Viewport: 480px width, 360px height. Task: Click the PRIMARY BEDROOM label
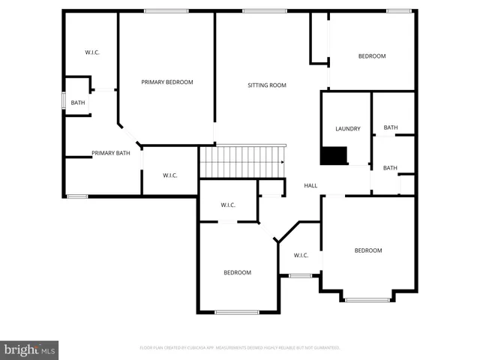168,82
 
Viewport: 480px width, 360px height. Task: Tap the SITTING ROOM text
267,85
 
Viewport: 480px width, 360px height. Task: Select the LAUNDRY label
348,128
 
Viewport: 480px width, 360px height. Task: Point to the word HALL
310,185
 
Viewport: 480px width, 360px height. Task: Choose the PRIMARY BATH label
111,153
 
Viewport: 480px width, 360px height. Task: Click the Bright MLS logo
29,349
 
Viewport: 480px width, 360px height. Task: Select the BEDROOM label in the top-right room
371,56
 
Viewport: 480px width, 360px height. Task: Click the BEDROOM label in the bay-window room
367,250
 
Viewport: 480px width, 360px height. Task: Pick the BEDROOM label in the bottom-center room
237,272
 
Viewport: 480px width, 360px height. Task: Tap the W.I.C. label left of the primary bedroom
92,52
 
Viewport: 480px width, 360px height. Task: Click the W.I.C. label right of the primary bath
170,175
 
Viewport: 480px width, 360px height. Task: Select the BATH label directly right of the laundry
391,127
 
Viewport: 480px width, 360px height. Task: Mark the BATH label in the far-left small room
78,103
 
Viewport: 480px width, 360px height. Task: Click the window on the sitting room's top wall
253,10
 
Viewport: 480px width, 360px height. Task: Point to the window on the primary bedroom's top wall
166,10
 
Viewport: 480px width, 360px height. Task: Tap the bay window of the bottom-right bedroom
367,300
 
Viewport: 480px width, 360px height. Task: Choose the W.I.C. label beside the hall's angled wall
301,255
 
